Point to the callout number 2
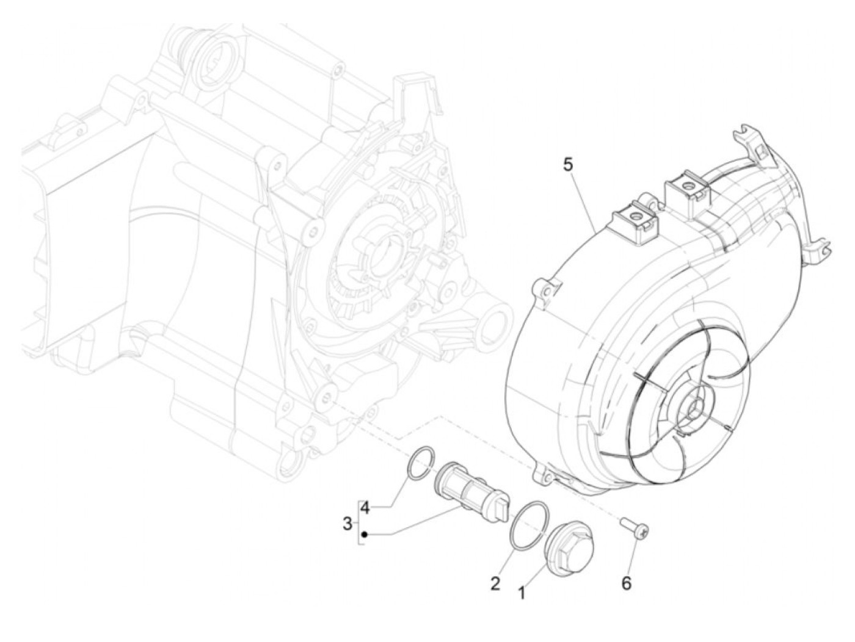pos(495,583)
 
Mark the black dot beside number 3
pos(364,535)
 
